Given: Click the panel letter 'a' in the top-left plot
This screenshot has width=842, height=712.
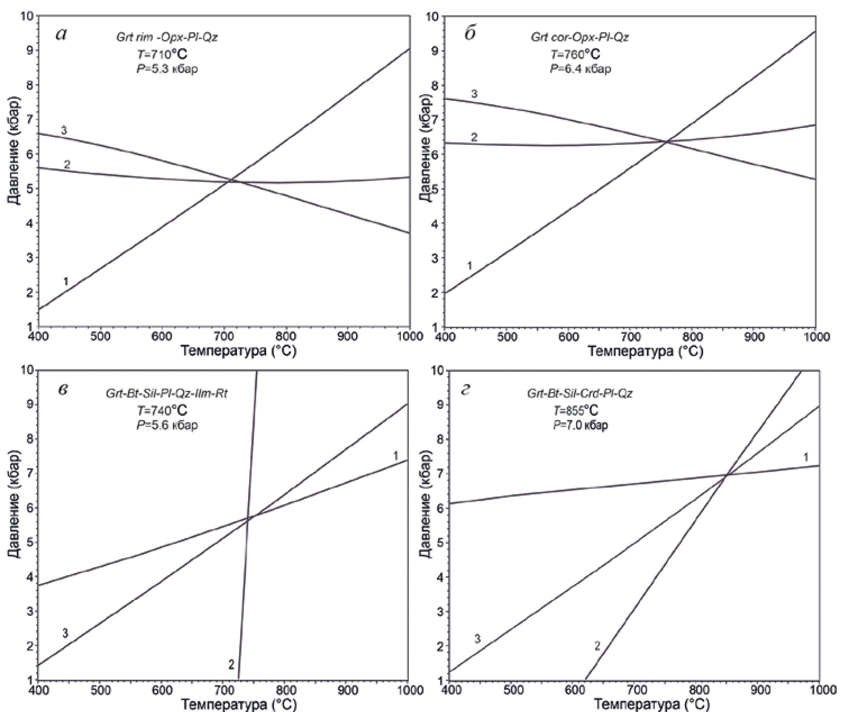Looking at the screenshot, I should [62, 34].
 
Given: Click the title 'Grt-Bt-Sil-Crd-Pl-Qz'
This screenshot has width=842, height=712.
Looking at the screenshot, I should [580, 394].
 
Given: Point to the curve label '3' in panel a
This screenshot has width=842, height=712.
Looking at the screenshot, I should [63, 130].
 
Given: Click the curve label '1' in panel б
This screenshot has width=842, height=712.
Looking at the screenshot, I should [470, 266].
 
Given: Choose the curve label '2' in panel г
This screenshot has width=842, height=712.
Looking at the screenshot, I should [597, 645].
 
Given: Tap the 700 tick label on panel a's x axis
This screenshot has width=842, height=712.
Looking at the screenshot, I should [223, 337].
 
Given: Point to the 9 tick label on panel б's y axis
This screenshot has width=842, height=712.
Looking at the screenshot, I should [435, 51].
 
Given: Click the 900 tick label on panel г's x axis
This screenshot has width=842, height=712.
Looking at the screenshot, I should [759, 691].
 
